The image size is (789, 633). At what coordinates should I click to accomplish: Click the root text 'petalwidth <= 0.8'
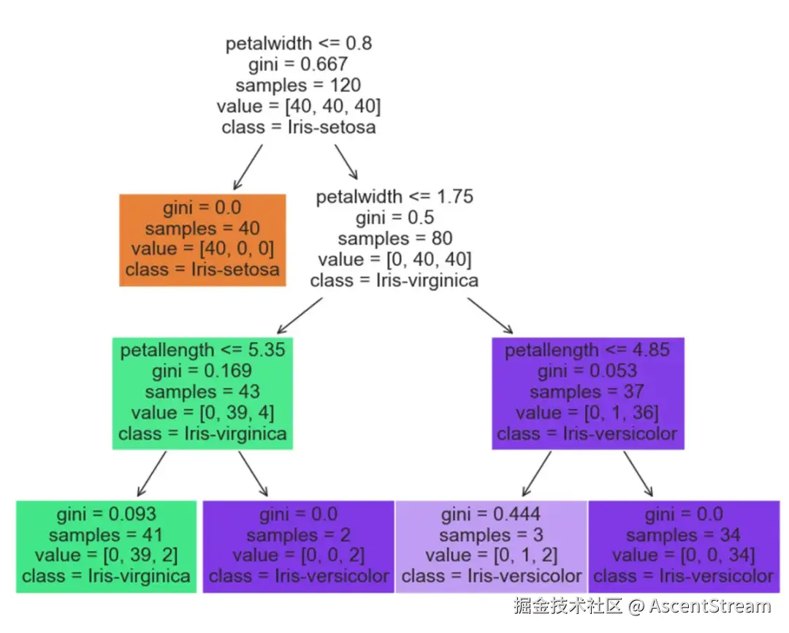pyautogui.click(x=298, y=44)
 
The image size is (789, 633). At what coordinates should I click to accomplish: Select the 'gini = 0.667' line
pyautogui.click(x=298, y=64)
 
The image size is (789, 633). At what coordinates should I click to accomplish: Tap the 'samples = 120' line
pyautogui.click(x=298, y=85)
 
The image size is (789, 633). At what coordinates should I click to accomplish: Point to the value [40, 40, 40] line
pyautogui.click(x=298, y=106)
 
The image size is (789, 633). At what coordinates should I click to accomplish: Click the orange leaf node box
pyautogui.click(x=202, y=240)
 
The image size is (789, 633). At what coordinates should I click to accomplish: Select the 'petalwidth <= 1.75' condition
pyautogui.click(x=394, y=197)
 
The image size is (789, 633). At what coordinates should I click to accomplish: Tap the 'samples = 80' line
pyautogui.click(x=395, y=238)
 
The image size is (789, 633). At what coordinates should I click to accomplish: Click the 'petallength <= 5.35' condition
pyautogui.click(x=203, y=350)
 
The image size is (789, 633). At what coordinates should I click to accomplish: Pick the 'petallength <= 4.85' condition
pyautogui.click(x=587, y=350)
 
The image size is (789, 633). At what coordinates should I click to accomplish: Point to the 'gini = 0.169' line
pyautogui.click(x=202, y=371)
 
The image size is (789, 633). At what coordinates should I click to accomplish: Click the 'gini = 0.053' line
pyautogui.click(x=587, y=371)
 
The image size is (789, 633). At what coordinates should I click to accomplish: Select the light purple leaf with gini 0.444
pyautogui.click(x=491, y=547)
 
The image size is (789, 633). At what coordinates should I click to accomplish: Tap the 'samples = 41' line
pyautogui.click(x=106, y=535)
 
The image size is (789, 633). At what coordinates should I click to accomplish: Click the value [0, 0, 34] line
pyautogui.click(x=683, y=556)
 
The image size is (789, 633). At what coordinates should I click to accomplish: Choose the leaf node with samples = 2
pyautogui.click(x=298, y=547)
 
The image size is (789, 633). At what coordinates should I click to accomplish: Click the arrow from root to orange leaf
pyautogui.click(x=248, y=167)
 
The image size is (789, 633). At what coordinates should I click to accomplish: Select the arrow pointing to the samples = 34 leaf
pyautogui.click(x=638, y=474)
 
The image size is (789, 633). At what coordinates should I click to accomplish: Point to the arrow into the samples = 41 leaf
pyautogui.click(x=151, y=474)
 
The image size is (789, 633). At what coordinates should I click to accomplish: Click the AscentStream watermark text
pyautogui.click(x=709, y=606)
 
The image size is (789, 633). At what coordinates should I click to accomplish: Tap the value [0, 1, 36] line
pyautogui.click(x=587, y=413)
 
